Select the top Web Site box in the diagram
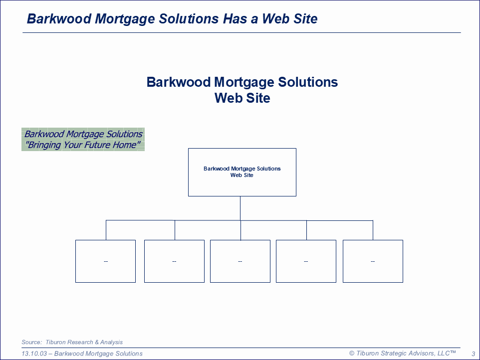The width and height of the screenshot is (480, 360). coord(242,172)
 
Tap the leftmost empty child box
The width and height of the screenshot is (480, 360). coord(105,261)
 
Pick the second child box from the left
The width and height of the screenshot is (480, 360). coord(174,261)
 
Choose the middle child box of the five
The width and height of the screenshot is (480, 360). coord(240,261)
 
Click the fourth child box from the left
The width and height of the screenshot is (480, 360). coord(306,261)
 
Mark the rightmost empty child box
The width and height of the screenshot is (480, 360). coord(373,261)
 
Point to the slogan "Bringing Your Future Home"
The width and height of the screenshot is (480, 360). coord(83,145)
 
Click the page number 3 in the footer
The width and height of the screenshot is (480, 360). coord(474,354)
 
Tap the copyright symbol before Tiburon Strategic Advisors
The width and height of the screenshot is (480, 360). coord(352,354)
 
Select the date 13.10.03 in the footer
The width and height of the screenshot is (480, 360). coord(34,354)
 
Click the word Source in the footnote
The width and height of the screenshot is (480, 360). coord(31,342)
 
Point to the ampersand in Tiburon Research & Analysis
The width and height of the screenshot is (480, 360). coord(97,342)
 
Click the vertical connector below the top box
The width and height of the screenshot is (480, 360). coord(240,208)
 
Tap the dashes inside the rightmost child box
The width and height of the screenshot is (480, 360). coord(373,261)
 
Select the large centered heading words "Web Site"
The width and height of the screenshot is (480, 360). coord(242,98)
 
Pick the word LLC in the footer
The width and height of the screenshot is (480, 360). coord(444,354)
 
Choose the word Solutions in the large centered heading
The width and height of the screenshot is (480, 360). coord(308,82)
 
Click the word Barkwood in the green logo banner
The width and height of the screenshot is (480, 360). coord(44,134)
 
